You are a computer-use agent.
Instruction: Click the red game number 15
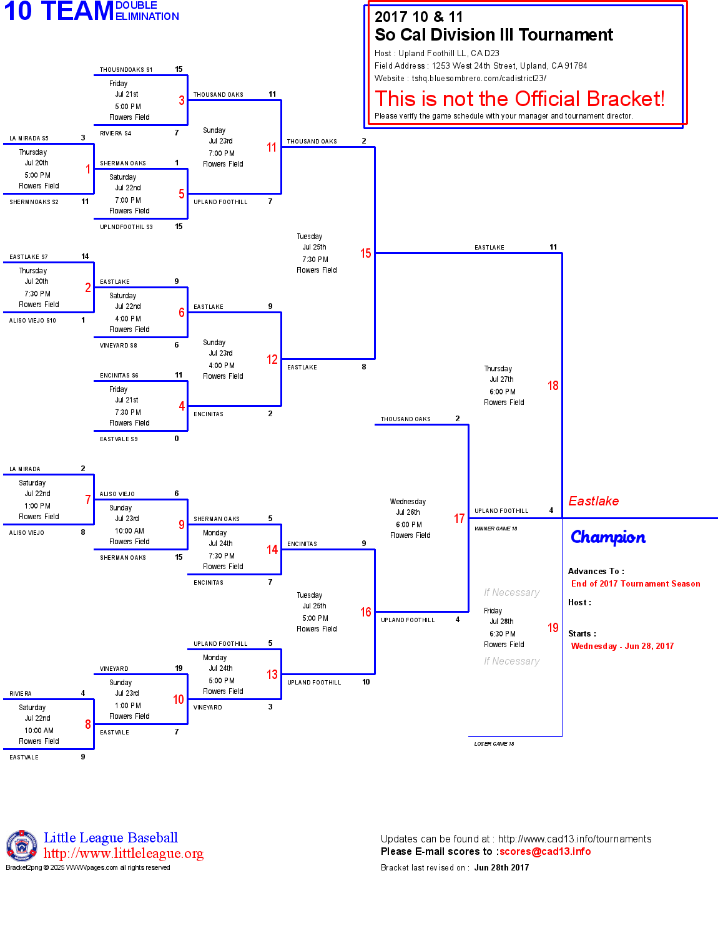[365, 253]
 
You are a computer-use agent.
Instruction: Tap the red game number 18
[553, 386]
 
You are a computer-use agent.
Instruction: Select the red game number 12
[272, 359]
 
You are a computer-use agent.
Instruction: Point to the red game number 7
[88, 500]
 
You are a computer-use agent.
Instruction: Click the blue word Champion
[608, 537]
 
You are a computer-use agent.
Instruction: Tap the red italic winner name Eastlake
[593, 501]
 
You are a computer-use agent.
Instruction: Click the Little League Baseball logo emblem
[22, 846]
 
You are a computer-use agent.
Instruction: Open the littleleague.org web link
[124, 854]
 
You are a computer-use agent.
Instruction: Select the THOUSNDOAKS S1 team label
[126, 70]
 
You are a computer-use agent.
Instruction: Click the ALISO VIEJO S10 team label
[32, 321]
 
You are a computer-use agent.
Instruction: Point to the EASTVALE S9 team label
[119, 439]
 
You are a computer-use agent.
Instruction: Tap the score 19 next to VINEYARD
[179, 668]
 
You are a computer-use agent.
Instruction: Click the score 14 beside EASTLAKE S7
[85, 256]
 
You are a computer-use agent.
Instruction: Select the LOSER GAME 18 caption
[494, 744]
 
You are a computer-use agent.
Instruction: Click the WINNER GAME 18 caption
[496, 529]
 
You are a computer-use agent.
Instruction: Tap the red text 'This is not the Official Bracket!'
[519, 99]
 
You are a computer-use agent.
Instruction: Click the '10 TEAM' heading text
[59, 11]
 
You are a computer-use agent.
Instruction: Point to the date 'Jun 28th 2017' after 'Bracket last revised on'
[501, 868]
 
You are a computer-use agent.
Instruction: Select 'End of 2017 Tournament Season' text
[636, 584]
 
